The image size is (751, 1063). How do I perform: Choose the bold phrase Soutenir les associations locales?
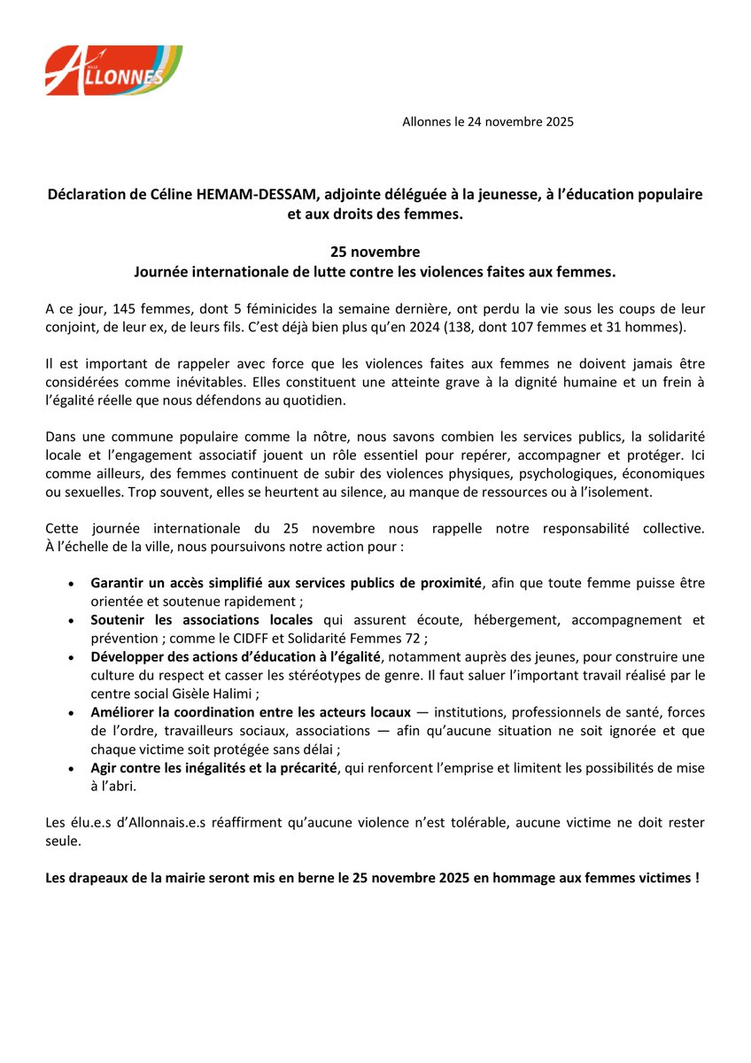[x=201, y=619]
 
